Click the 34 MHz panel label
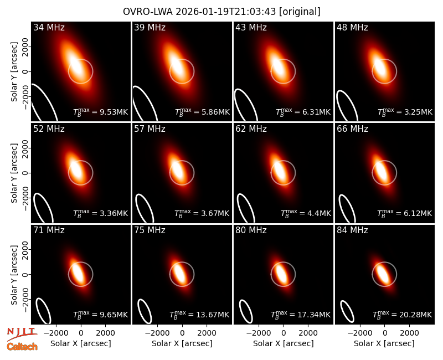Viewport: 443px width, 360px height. (49, 27)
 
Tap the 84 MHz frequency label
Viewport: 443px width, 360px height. (352, 230)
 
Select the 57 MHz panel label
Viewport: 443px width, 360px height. (150, 129)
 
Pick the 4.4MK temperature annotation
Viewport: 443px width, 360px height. (320, 213)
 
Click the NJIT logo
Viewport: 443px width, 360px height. (22, 334)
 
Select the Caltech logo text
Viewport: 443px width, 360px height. (22, 347)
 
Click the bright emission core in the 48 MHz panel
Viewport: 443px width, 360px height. (379, 67)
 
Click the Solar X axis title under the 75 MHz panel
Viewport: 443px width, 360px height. (182, 343)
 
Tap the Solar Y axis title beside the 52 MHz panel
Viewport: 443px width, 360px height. (14, 173)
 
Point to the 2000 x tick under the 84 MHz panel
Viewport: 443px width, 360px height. (409, 333)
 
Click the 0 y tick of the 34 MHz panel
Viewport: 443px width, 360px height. (25, 71)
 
